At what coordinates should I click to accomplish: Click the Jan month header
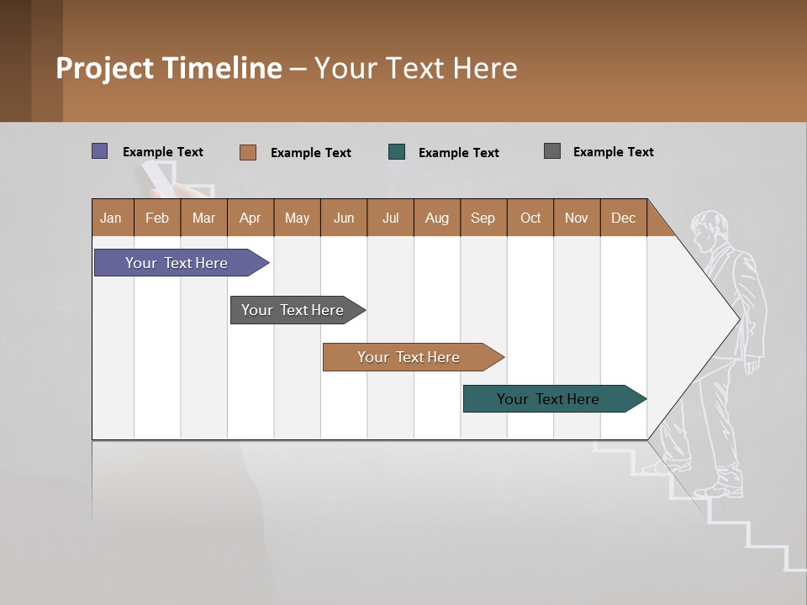pos(112,218)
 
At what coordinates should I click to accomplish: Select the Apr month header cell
pos(251,218)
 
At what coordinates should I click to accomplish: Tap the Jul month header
pos(390,218)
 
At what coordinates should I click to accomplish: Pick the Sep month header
pos(483,218)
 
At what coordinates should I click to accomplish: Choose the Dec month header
pos(623,218)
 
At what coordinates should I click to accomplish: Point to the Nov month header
pos(577,218)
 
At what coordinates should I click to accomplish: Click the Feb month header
pos(157,218)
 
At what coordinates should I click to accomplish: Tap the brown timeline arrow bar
pos(409,357)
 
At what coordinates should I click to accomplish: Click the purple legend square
pos(100,151)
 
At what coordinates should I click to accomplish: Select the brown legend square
pos(248,152)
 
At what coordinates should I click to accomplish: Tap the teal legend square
pos(397,152)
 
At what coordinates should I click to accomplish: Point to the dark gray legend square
pos(552,151)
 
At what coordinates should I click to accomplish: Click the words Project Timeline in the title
pos(169,68)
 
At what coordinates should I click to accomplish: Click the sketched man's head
pos(709,229)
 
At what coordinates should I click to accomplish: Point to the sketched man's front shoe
pos(720,488)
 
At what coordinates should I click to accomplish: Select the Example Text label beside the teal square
pos(458,153)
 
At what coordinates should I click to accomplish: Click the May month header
pos(297,218)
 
